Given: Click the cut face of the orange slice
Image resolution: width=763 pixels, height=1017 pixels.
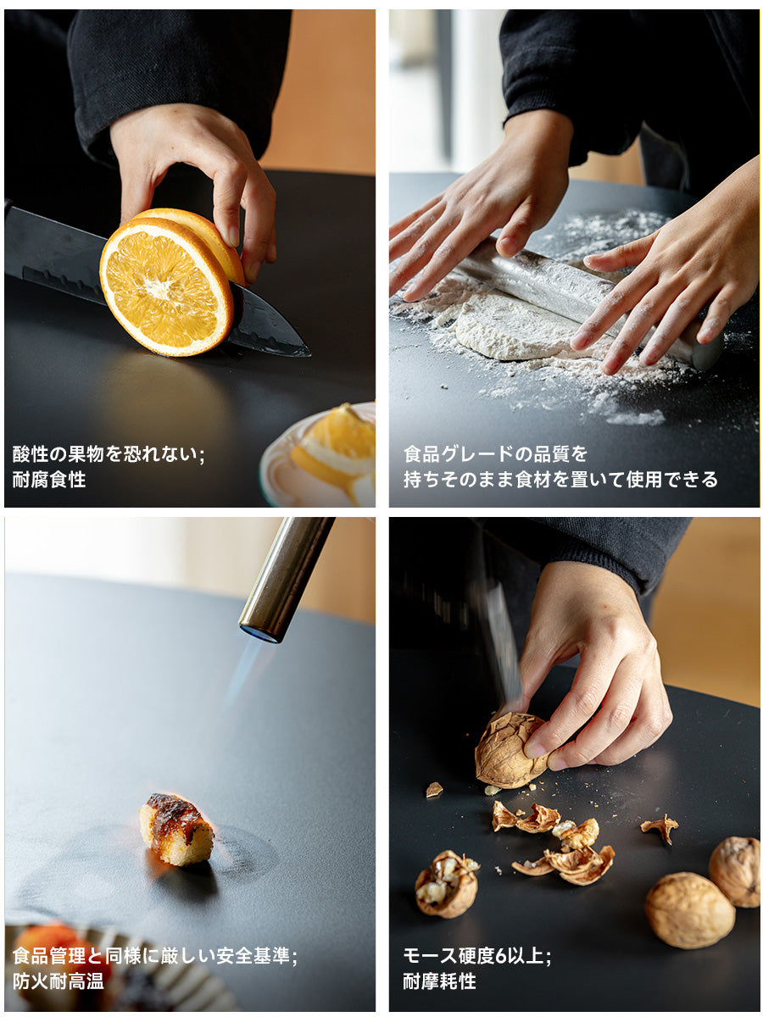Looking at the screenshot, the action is point(166,286).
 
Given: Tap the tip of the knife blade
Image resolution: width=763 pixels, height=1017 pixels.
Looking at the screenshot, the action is point(310,355).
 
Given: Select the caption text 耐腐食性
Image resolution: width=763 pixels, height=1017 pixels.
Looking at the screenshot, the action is point(49,480).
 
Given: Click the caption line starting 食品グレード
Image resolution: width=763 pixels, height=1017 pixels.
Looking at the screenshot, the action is point(495,454).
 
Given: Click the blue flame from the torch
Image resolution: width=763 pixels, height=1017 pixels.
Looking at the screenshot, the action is point(245,672).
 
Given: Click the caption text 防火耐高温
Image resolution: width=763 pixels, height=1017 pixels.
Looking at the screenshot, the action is point(58,981).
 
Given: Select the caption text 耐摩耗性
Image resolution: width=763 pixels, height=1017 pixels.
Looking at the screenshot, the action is point(440,981).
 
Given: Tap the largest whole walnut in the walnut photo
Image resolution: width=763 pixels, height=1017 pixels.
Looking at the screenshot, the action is point(690,910).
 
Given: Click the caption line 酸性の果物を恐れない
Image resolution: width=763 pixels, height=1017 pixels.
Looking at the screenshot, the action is point(109,454).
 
